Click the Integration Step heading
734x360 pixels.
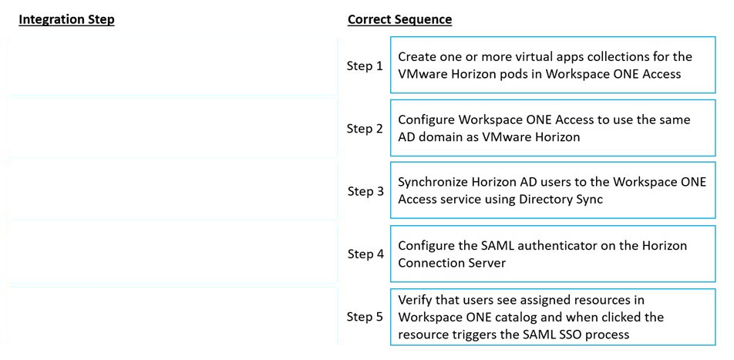click(x=66, y=20)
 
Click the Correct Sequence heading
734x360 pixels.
click(x=399, y=20)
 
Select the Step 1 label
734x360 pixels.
click(x=365, y=66)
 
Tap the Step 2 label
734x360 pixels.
click(x=365, y=128)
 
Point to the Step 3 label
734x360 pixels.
click(x=365, y=191)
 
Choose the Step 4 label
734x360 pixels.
click(x=365, y=254)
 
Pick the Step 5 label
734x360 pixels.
click(x=365, y=317)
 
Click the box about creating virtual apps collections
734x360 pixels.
click(x=553, y=65)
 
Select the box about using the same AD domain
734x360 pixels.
click(x=553, y=128)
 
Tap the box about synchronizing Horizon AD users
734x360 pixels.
click(x=553, y=190)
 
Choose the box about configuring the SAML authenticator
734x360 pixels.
click(x=553, y=254)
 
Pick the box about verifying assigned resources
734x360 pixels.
click(x=553, y=317)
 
